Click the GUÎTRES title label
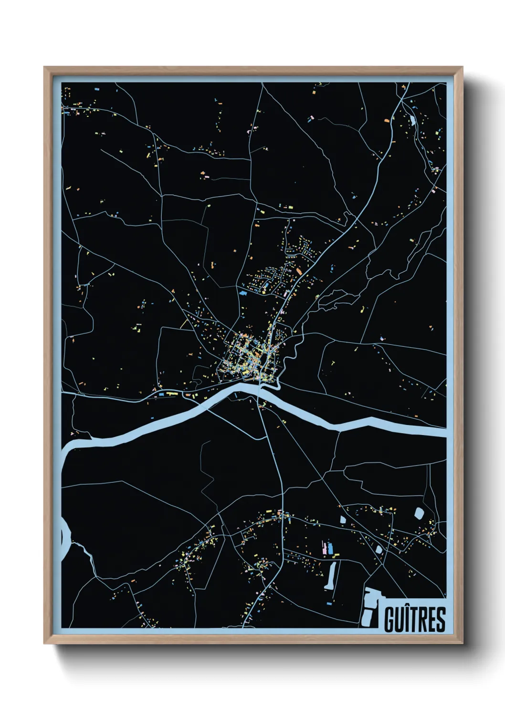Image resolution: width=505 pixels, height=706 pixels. click(x=414, y=619)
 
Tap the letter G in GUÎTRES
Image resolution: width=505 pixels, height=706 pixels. click(x=390, y=619)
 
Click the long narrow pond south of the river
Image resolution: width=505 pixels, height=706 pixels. click(x=330, y=575)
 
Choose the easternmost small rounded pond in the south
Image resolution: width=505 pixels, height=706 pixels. click(x=419, y=513)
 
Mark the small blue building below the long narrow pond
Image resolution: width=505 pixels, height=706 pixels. click(x=329, y=603)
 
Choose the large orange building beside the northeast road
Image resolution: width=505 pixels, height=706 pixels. click(x=387, y=121)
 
